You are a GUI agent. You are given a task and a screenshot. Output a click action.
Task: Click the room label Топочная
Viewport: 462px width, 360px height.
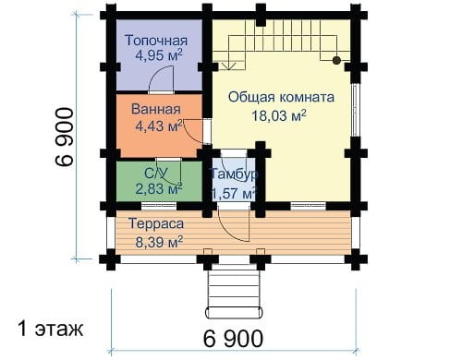(156, 41)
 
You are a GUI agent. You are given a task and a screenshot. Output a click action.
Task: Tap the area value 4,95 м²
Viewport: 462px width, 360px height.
(159, 55)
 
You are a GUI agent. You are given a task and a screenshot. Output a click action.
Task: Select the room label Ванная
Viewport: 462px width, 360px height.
(156, 109)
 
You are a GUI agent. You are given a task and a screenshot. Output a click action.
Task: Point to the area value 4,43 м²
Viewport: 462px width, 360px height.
(159, 126)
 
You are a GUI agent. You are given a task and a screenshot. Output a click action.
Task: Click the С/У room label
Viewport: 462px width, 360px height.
(156, 174)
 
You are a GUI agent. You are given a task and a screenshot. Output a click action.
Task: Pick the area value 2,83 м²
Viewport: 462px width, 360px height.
(159, 188)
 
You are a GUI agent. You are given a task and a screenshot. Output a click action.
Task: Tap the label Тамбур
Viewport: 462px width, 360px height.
(233, 174)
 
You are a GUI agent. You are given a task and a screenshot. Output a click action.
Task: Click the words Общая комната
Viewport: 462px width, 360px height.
(281, 97)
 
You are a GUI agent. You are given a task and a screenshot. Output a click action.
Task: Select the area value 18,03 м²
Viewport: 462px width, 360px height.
(279, 115)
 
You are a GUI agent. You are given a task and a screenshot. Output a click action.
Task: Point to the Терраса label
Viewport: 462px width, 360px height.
(156, 223)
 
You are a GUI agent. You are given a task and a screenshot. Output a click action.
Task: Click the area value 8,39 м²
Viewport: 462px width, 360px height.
(159, 242)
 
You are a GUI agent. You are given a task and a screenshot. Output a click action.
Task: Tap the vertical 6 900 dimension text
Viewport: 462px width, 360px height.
(65, 137)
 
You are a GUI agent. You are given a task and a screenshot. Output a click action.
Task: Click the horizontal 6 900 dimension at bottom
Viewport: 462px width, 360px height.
(233, 339)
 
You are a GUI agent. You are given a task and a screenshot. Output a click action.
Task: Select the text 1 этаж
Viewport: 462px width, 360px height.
(50, 329)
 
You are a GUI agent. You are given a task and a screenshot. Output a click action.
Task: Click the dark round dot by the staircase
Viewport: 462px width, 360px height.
(336, 60)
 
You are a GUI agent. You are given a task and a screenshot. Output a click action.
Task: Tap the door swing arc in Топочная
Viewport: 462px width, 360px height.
(160, 78)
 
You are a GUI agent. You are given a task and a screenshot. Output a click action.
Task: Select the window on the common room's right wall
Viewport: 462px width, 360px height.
(355, 110)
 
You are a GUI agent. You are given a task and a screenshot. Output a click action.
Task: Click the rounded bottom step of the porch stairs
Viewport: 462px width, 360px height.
(234, 312)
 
